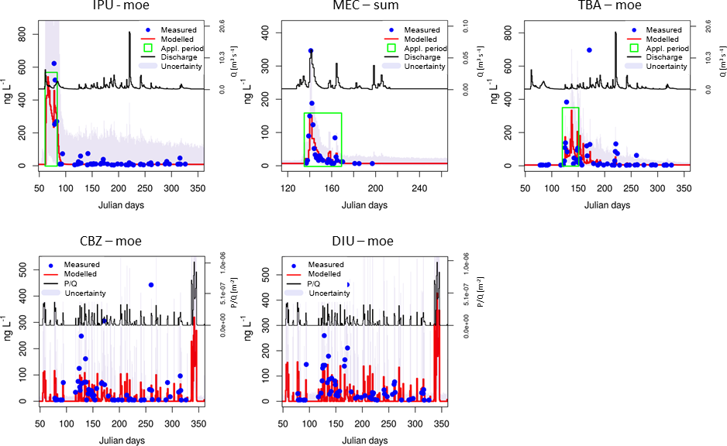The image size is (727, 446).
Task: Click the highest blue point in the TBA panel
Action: (589, 50)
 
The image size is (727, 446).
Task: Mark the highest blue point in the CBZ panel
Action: (151, 285)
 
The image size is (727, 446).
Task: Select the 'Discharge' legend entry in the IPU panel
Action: (177, 57)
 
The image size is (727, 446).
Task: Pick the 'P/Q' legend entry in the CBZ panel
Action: (81, 283)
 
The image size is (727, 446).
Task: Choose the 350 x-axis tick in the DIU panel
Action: (442, 424)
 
